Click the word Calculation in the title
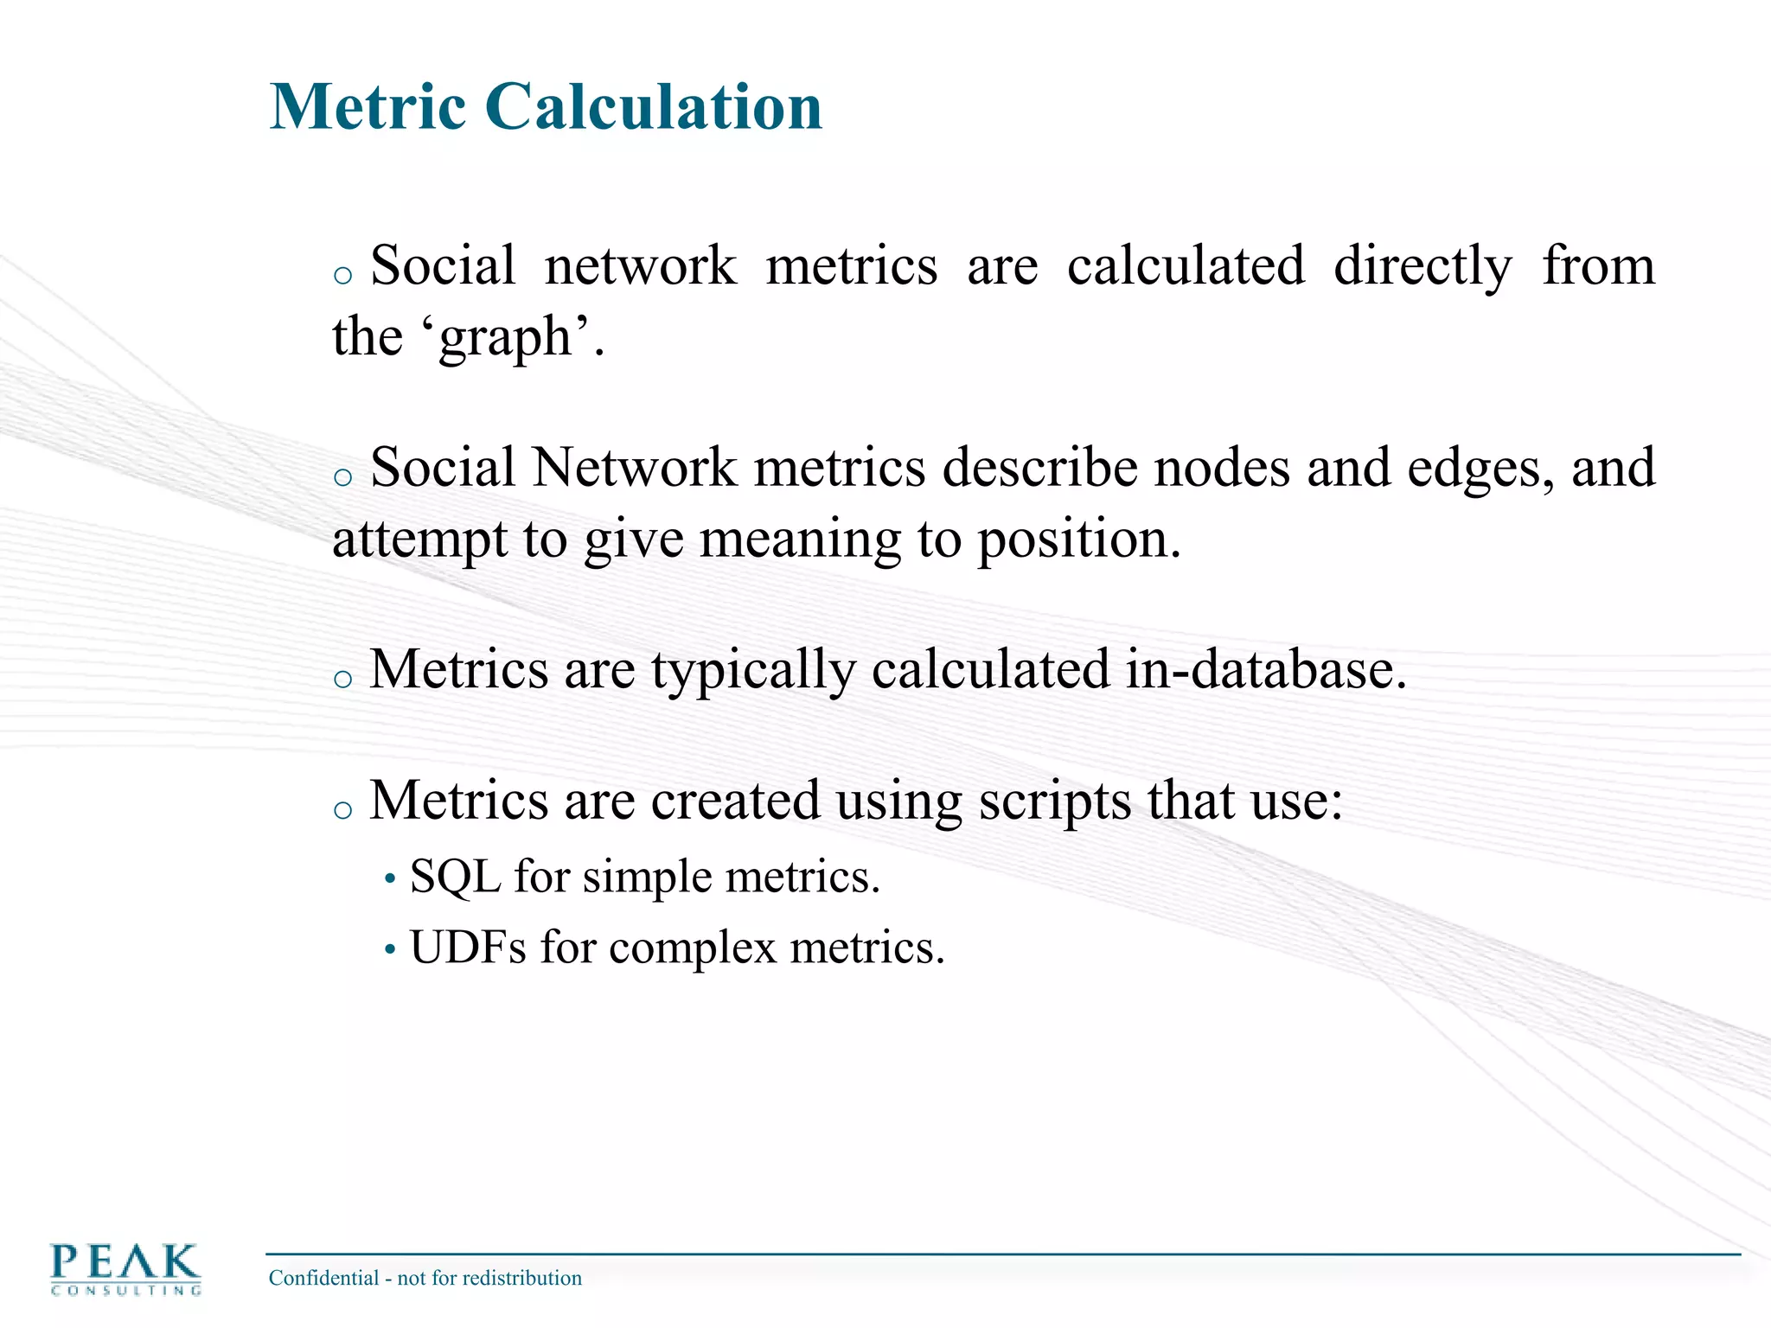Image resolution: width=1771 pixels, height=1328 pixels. [653, 106]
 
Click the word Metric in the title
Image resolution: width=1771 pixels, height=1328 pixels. [368, 106]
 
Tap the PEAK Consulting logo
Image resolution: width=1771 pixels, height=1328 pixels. [125, 1268]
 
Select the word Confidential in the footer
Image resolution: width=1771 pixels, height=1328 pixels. [323, 1278]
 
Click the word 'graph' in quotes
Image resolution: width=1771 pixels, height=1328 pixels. [506, 337]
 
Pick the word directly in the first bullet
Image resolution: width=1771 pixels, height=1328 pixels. [1423, 266]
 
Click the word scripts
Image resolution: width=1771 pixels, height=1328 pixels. [1054, 801]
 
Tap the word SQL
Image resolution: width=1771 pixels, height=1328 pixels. [456, 878]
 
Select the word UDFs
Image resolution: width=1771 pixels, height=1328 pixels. [468, 948]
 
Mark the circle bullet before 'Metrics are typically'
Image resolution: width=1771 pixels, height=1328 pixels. [343, 679]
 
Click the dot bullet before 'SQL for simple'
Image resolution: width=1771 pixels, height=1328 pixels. [390, 880]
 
